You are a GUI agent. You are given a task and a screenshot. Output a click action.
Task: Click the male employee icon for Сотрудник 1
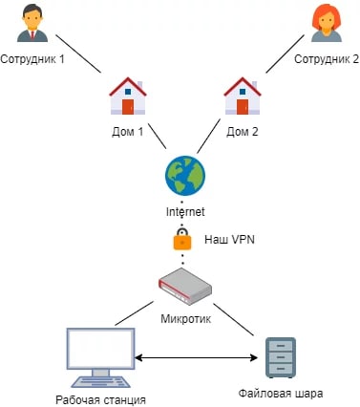tap(32, 25)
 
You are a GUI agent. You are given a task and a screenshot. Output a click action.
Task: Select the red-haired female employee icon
tap(327, 23)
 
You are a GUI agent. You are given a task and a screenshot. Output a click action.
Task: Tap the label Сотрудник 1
tap(32, 59)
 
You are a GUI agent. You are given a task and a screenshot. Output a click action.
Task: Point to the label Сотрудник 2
tap(327, 59)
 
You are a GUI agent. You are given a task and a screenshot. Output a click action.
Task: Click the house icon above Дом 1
tap(128, 96)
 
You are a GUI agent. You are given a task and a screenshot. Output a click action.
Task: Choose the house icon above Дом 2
tap(243, 96)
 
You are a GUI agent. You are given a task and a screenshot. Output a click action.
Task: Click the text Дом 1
tap(128, 132)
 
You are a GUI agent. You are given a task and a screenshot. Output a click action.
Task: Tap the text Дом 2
tap(243, 132)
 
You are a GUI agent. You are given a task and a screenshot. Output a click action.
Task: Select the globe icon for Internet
tap(185, 176)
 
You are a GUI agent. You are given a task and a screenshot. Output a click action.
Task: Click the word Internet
tap(185, 211)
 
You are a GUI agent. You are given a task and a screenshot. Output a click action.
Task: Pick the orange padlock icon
tap(182, 239)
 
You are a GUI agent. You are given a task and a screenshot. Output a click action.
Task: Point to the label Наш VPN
tap(229, 240)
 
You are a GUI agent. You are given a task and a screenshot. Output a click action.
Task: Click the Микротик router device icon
tap(185, 287)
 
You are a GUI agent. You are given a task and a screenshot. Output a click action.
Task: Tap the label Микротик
tap(185, 318)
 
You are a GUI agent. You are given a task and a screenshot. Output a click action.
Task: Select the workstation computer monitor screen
tap(100, 348)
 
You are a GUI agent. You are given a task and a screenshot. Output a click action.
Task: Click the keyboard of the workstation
tap(100, 382)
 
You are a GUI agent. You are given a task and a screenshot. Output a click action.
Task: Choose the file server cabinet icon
tap(281, 357)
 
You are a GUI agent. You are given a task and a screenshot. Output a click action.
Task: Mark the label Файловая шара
tap(281, 394)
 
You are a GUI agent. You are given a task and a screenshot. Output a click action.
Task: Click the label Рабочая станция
tap(100, 400)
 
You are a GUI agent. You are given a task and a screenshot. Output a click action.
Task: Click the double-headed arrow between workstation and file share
tap(196, 357)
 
